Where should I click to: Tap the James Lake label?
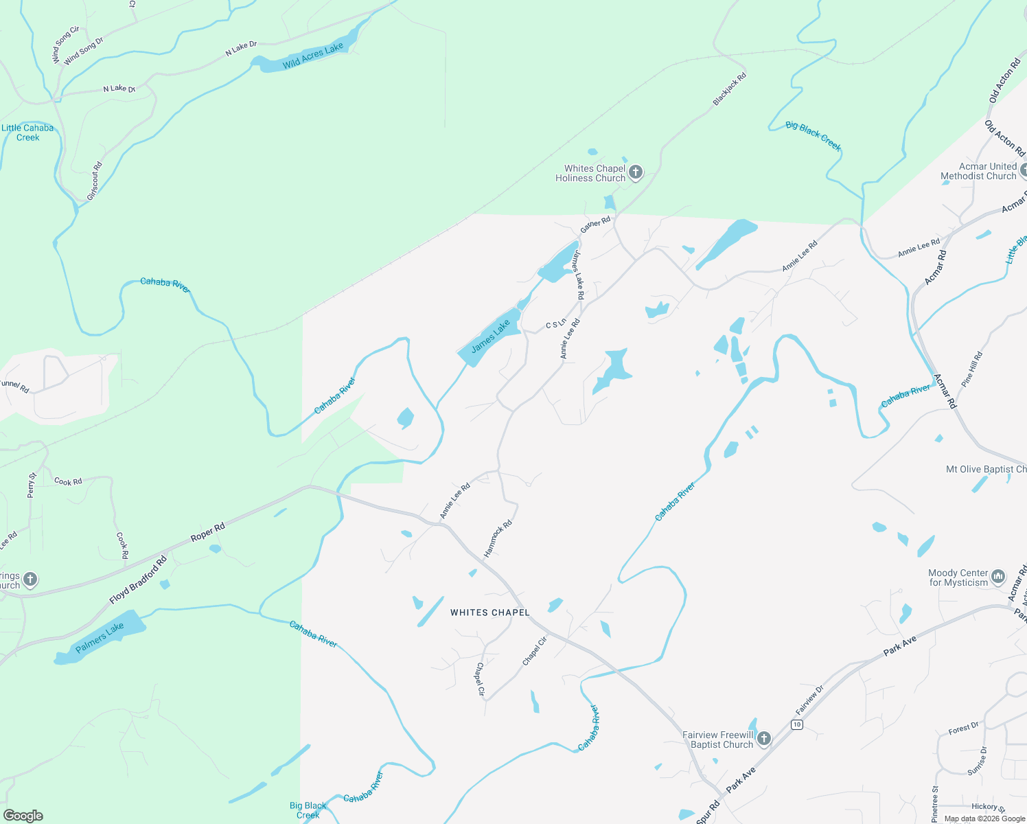point(491,336)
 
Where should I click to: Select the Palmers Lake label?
point(100,638)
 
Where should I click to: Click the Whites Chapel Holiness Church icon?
point(636,172)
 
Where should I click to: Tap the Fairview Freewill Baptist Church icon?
point(763,739)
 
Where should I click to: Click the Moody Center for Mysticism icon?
point(998,577)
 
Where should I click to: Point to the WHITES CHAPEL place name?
point(490,613)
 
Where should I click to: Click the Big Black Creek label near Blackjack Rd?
point(813,135)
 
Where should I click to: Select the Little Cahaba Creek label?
point(27,133)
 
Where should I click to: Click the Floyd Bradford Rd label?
point(138,581)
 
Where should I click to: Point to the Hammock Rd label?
point(498,538)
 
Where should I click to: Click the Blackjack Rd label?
point(729,89)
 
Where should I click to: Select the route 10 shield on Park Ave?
point(796,724)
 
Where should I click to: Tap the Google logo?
point(23,815)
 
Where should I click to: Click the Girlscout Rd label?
point(95,181)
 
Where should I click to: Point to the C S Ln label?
point(556,323)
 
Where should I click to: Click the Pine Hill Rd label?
point(972,369)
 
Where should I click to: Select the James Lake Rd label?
point(578,275)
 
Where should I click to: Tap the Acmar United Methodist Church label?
point(978,171)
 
